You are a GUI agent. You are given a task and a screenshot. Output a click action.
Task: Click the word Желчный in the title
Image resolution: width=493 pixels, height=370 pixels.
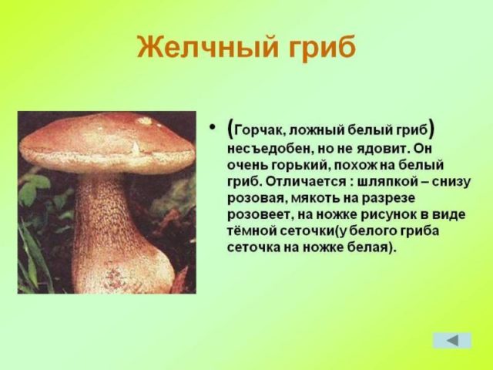(204, 47)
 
